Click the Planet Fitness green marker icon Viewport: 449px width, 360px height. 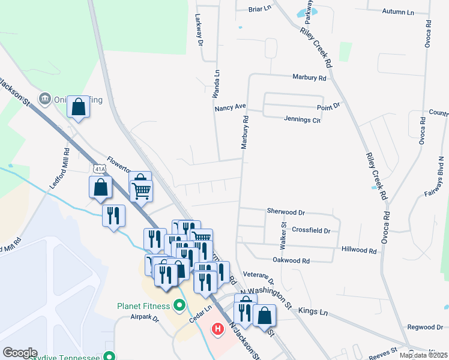point(178,306)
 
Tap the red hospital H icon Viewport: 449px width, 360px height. point(218,329)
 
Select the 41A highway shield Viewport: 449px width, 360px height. point(99,170)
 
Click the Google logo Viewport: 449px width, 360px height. point(20,353)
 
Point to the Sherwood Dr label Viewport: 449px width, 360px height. point(286,212)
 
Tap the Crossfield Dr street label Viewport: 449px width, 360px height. point(310,230)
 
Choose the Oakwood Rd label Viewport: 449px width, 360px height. point(291,261)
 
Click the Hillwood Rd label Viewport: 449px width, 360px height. point(358,249)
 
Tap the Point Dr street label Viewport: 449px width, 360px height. point(328,106)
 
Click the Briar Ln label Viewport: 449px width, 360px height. point(261,10)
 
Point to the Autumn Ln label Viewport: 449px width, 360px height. point(399,12)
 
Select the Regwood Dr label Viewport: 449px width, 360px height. point(424,327)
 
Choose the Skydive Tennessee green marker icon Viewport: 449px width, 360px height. point(109,356)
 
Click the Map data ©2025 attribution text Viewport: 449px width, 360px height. point(423,355)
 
